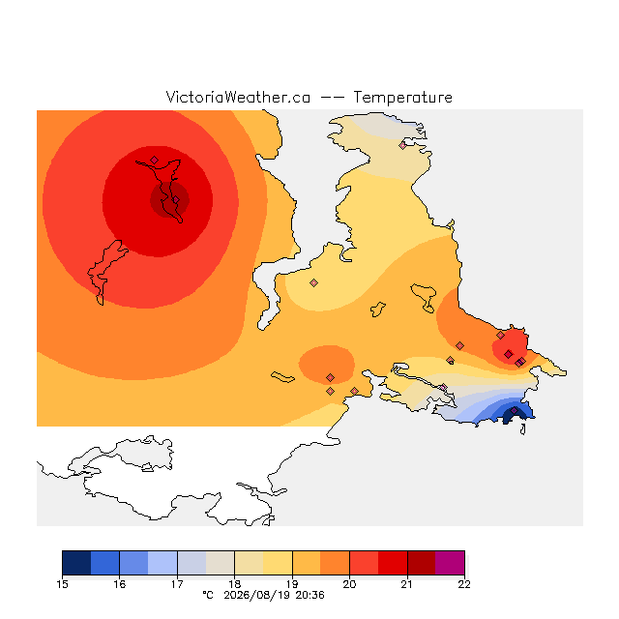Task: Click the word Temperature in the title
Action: (x=402, y=98)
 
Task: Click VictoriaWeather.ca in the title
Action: (x=238, y=98)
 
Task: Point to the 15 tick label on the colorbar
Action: (x=62, y=584)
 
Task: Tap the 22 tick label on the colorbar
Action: (x=464, y=584)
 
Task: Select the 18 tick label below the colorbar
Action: (x=234, y=584)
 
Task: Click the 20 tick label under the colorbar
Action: (x=349, y=584)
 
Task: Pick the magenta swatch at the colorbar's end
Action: (x=450, y=563)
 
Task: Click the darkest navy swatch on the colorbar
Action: (x=76, y=563)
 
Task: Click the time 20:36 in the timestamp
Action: (x=309, y=596)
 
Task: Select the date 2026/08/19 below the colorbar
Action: (x=258, y=596)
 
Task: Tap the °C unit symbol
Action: (x=208, y=596)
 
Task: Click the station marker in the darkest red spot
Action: (x=176, y=200)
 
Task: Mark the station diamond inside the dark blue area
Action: (x=514, y=410)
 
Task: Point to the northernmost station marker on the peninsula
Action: (x=402, y=146)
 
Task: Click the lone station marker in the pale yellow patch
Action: (x=313, y=282)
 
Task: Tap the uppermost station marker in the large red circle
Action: (x=155, y=160)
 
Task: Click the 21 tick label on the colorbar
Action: (x=406, y=584)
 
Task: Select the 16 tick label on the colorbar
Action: (x=120, y=584)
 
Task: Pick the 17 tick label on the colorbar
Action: (x=177, y=584)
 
